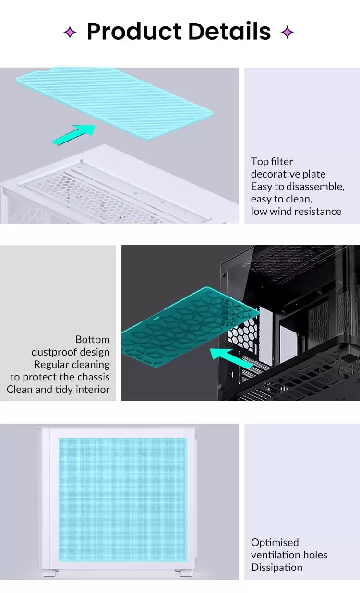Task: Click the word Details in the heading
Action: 229,31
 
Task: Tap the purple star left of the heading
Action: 70,32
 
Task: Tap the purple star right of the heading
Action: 287,32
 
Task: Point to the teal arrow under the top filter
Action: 73,135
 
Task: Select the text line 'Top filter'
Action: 272,162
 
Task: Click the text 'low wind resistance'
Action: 296,212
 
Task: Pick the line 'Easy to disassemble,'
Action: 298,187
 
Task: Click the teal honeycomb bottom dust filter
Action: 190,327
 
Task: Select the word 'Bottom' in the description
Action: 92,340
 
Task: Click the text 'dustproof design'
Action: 71,352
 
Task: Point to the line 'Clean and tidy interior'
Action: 58,390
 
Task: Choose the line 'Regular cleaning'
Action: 72,365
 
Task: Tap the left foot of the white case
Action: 50,573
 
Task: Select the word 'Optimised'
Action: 275,543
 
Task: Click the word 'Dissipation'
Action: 276,568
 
